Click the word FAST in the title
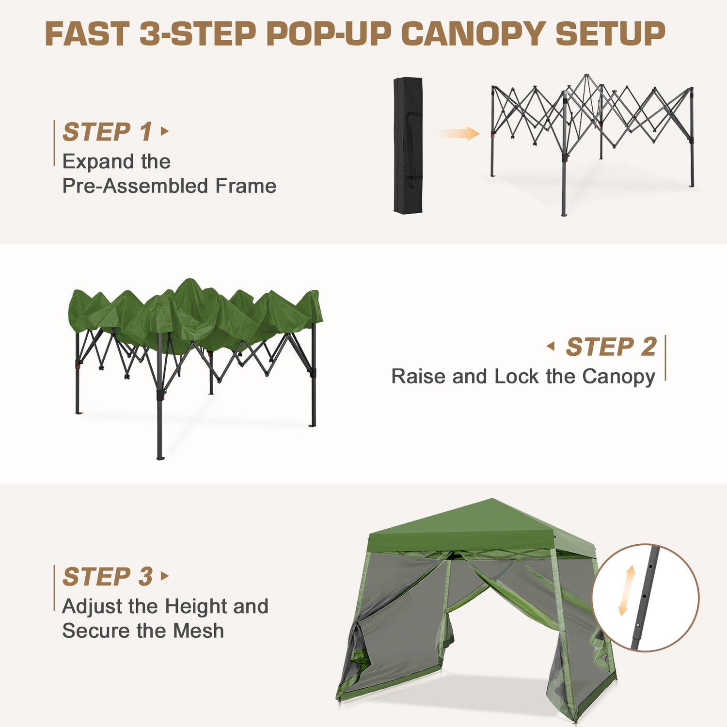point(87,34)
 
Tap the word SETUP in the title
point(610,34)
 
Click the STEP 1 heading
point(108,132)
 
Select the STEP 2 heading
point(611,347)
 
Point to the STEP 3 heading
point(108,577)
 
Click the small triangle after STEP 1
point(165,131)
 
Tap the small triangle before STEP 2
point(551,346)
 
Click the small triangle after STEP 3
point(165,576)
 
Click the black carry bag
point(408,145)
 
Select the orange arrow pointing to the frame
point(457,133)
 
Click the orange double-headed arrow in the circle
point(627,590)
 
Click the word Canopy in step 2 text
point(618,378)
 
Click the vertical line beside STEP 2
point(665,358)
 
